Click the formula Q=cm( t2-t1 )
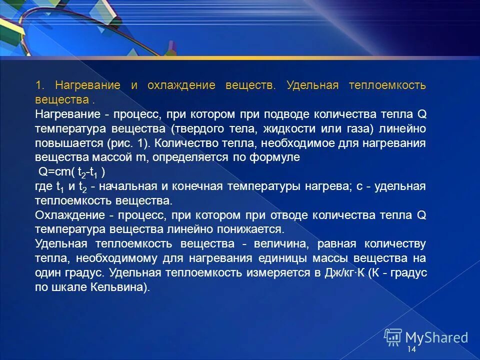[x=72, y=172]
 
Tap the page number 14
[x=411, y=349]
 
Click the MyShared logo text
[x=436, y=337]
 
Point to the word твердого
[x=199, y=128]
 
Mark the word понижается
[x=250, y=230]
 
